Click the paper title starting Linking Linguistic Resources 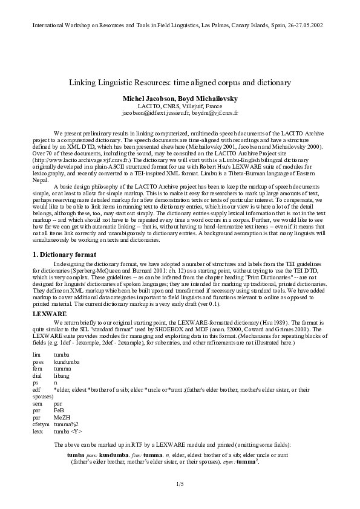pyautogui.click(x=180, y=81)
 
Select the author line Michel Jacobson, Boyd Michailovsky pyautogui.click(x=180, y=97)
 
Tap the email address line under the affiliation pyautogui.click(x=180, y=112)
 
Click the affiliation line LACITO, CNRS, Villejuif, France pyautogui.click(x=180, y=105)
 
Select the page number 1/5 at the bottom pyautogui.click(x=180, y=484)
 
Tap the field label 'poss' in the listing pyautogui.click(x=38, y=361)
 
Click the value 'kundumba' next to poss pyautogui.click(x=67, y=361)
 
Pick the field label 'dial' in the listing pyautogui.click(x=38, y=375)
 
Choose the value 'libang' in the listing pyautogui.click(x=62, y=375)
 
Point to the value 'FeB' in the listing pyautogui.click(x=59, y=410)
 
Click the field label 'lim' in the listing pyautogui.click(x=37, y=354)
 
